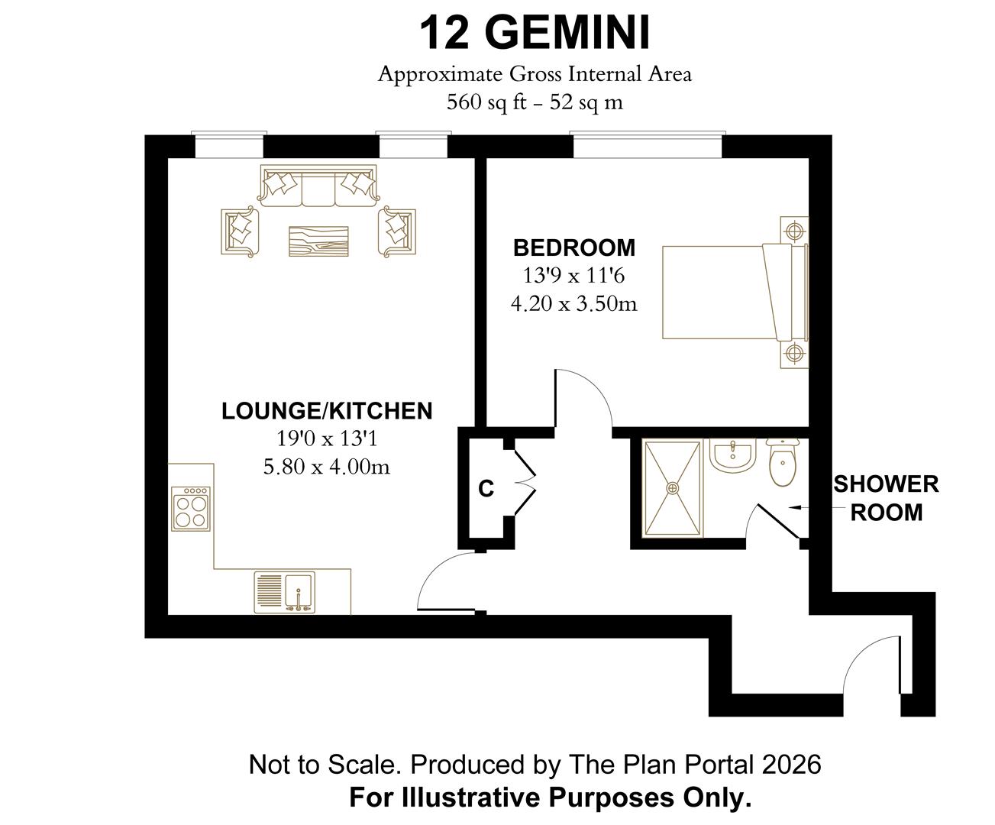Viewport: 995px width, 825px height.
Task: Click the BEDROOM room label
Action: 574,247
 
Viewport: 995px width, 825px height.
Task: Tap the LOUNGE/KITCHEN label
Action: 327,411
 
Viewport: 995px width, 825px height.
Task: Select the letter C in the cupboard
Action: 486,489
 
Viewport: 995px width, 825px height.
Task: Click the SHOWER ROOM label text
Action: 887,498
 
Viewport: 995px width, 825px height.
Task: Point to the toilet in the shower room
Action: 783,461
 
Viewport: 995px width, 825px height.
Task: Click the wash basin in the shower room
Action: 732,455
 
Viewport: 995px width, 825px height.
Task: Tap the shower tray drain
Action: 673,488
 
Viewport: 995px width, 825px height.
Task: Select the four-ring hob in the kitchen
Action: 191,509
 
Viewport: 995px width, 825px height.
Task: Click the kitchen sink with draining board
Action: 285,593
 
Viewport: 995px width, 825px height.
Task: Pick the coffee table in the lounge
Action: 318,241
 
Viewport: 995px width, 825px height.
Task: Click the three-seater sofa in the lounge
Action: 318,186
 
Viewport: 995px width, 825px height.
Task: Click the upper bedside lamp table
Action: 794,231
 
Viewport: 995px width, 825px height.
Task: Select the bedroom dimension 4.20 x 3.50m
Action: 573,303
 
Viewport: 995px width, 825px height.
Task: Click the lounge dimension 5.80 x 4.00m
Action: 327,467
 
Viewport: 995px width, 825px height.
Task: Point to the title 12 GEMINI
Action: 535,33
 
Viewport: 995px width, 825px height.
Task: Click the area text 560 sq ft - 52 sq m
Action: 535,102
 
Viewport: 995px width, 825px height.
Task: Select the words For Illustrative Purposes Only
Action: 551,797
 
